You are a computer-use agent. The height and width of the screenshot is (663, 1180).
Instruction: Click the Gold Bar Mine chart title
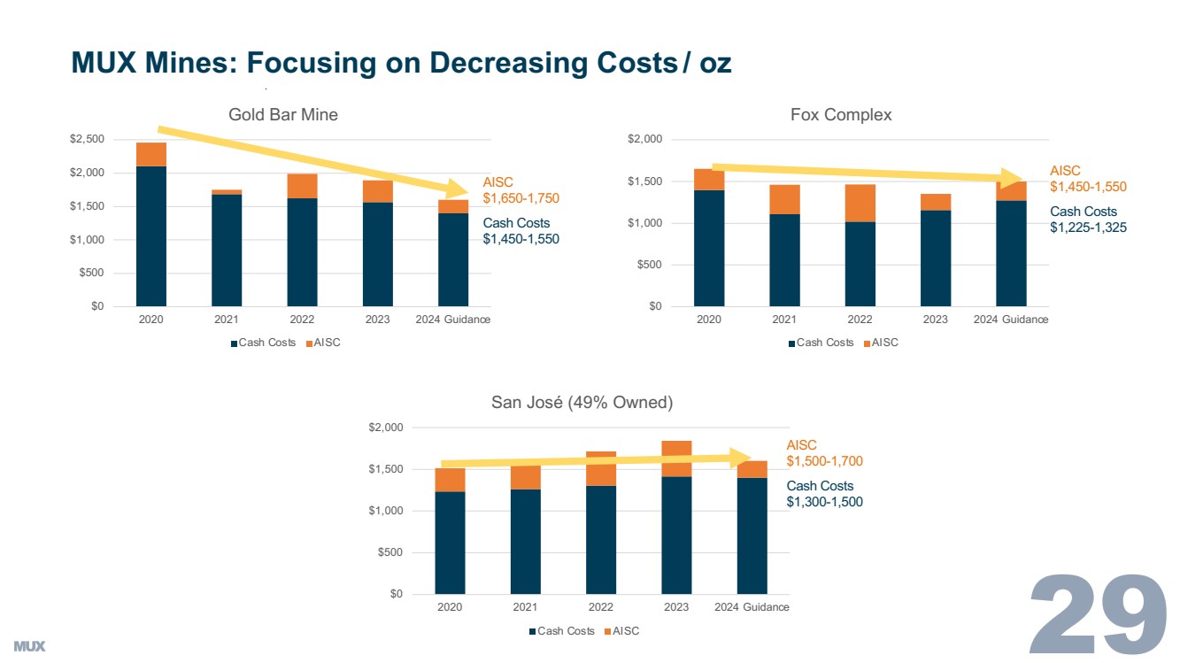tap(282, 114)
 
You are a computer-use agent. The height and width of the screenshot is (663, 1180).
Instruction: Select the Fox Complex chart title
tap(840, 114)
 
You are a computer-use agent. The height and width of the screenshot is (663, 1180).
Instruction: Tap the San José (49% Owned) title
tap(582, 403)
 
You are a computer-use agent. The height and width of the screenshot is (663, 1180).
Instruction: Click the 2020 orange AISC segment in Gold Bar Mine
tap(151, 154)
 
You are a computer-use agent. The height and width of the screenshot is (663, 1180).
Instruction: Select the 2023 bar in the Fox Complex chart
tap(936, 257)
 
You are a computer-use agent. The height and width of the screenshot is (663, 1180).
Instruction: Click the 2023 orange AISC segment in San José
tap(676, 459)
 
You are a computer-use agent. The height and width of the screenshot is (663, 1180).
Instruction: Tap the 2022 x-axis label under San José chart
tap(600, 607)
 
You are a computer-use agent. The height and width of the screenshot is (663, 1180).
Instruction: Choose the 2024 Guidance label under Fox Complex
tap(1010, 320)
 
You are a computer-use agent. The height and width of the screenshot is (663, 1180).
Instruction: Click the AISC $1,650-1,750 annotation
tap(521, 190)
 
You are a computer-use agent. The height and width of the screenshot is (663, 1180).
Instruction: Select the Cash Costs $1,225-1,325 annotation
tap(1088, 220)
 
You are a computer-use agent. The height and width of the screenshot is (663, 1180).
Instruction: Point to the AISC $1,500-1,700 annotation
tap(824, 453)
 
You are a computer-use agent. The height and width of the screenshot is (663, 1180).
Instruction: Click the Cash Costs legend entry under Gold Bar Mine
tap(263, 343)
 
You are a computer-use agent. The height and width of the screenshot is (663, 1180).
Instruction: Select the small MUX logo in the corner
tap(29, 646)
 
